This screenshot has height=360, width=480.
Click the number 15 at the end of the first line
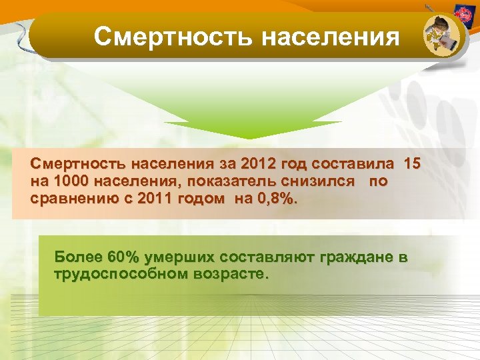pos(413,163)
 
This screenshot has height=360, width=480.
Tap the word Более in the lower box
pos(75,257)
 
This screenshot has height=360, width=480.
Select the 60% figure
pos(119,257)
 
